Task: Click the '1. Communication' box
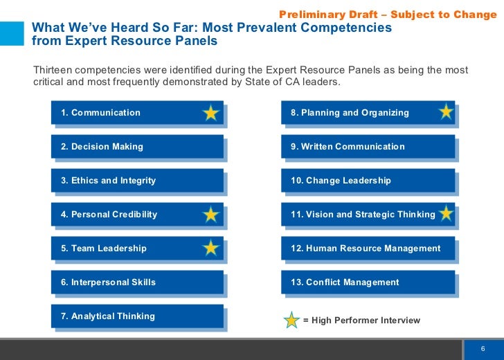(125, 113)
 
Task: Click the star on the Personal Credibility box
(211, 215)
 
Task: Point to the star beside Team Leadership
(211, 248)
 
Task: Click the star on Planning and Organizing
(447, 111)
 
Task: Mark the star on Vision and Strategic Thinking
(447, 213)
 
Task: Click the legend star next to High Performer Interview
(292, 320)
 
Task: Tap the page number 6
(482, 348)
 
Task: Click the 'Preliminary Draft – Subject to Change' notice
(387, 15)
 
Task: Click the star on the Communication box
(211, 113)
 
